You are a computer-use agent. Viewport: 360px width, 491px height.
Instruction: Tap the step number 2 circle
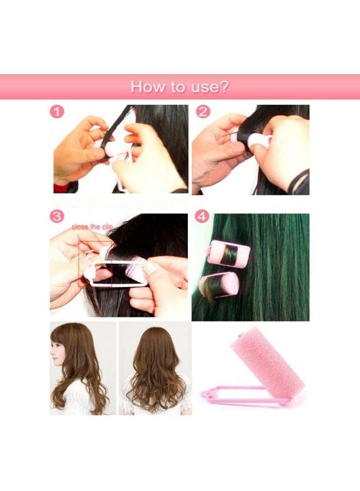click(x=203, y=112)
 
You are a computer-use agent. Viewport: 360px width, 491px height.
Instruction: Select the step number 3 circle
click(x=57, y=217)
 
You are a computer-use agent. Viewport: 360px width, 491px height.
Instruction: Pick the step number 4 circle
click(x=202, y=217)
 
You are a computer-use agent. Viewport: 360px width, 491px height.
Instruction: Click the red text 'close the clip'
click(x=92, y=226)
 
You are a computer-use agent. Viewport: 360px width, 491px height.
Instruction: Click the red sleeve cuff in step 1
click(x=61, y=188)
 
